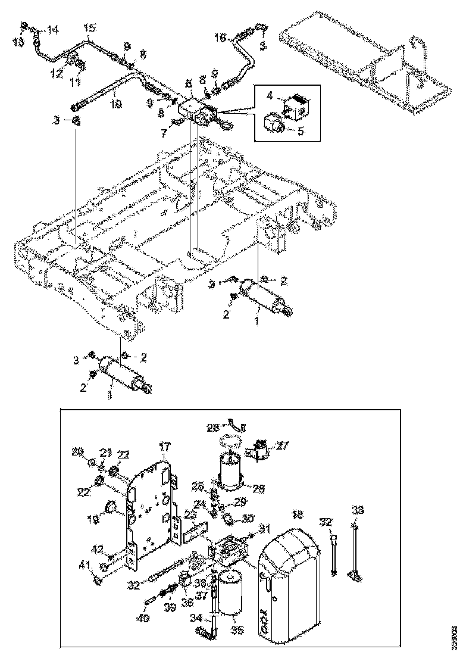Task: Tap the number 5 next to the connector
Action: click(301, 131)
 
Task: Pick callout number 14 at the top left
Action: click(53, 29)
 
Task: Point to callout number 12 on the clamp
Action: click(57, 73)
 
